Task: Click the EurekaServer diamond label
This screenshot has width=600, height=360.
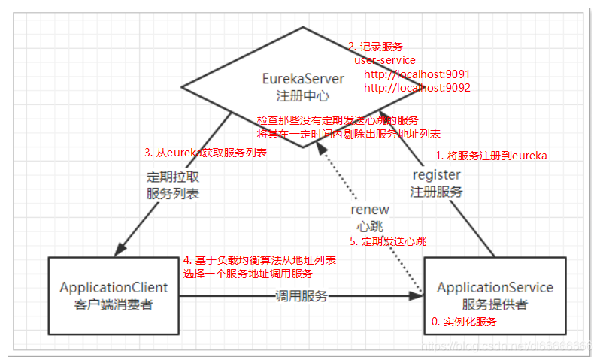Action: [x=303, y=78]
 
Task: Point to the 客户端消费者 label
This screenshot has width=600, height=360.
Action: [x=114, y=304]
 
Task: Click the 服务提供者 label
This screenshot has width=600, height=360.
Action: [x=495, y=304]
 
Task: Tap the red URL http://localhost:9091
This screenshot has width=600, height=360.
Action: [x=417, y=74]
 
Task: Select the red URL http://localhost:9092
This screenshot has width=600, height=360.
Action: [x=417, y=88]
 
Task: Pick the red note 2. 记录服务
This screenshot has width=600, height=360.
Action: [x=374, y=47]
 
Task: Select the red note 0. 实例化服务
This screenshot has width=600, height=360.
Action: [x=464, y=321]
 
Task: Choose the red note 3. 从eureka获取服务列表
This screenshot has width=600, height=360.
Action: [x=206, y=152]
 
